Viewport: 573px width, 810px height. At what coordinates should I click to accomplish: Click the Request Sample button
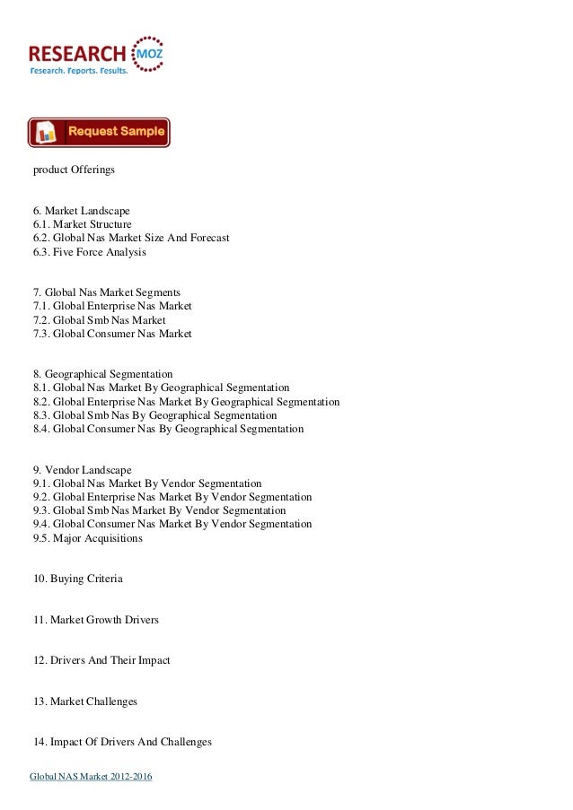(99, 132)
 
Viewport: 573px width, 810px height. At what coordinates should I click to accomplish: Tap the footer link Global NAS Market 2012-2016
(91, 776)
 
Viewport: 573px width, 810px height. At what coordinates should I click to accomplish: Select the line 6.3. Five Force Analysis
(90, 252)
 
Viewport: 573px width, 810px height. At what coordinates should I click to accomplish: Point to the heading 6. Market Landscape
(82, 209)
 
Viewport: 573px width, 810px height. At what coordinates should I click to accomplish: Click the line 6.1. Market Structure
(83, 223)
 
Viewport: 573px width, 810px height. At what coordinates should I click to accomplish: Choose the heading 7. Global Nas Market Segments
(107, 292)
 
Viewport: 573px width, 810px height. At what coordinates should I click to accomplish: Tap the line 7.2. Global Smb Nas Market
(100, 320)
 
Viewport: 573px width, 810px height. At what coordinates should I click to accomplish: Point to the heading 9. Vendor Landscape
(83, 469)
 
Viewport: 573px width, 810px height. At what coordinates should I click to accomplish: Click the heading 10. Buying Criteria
(78, 579)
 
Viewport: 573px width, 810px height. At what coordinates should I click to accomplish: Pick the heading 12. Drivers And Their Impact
(101, 660)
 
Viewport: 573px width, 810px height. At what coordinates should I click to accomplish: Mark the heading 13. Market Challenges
(85, 701)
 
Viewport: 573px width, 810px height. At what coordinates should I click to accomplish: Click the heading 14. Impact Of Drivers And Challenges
(122, 742)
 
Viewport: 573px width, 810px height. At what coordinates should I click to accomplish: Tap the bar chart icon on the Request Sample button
(48, 133)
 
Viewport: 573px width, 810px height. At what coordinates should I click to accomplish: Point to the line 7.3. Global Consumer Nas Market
(112, 334)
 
